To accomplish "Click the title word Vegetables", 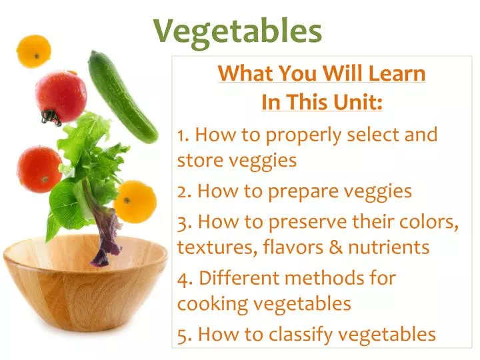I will click(238, 31).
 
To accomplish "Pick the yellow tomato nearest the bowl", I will click(135, 201).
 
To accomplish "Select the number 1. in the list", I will click(184, 135).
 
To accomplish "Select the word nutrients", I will click(393, 247).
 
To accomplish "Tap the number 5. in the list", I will click(185, 333).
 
